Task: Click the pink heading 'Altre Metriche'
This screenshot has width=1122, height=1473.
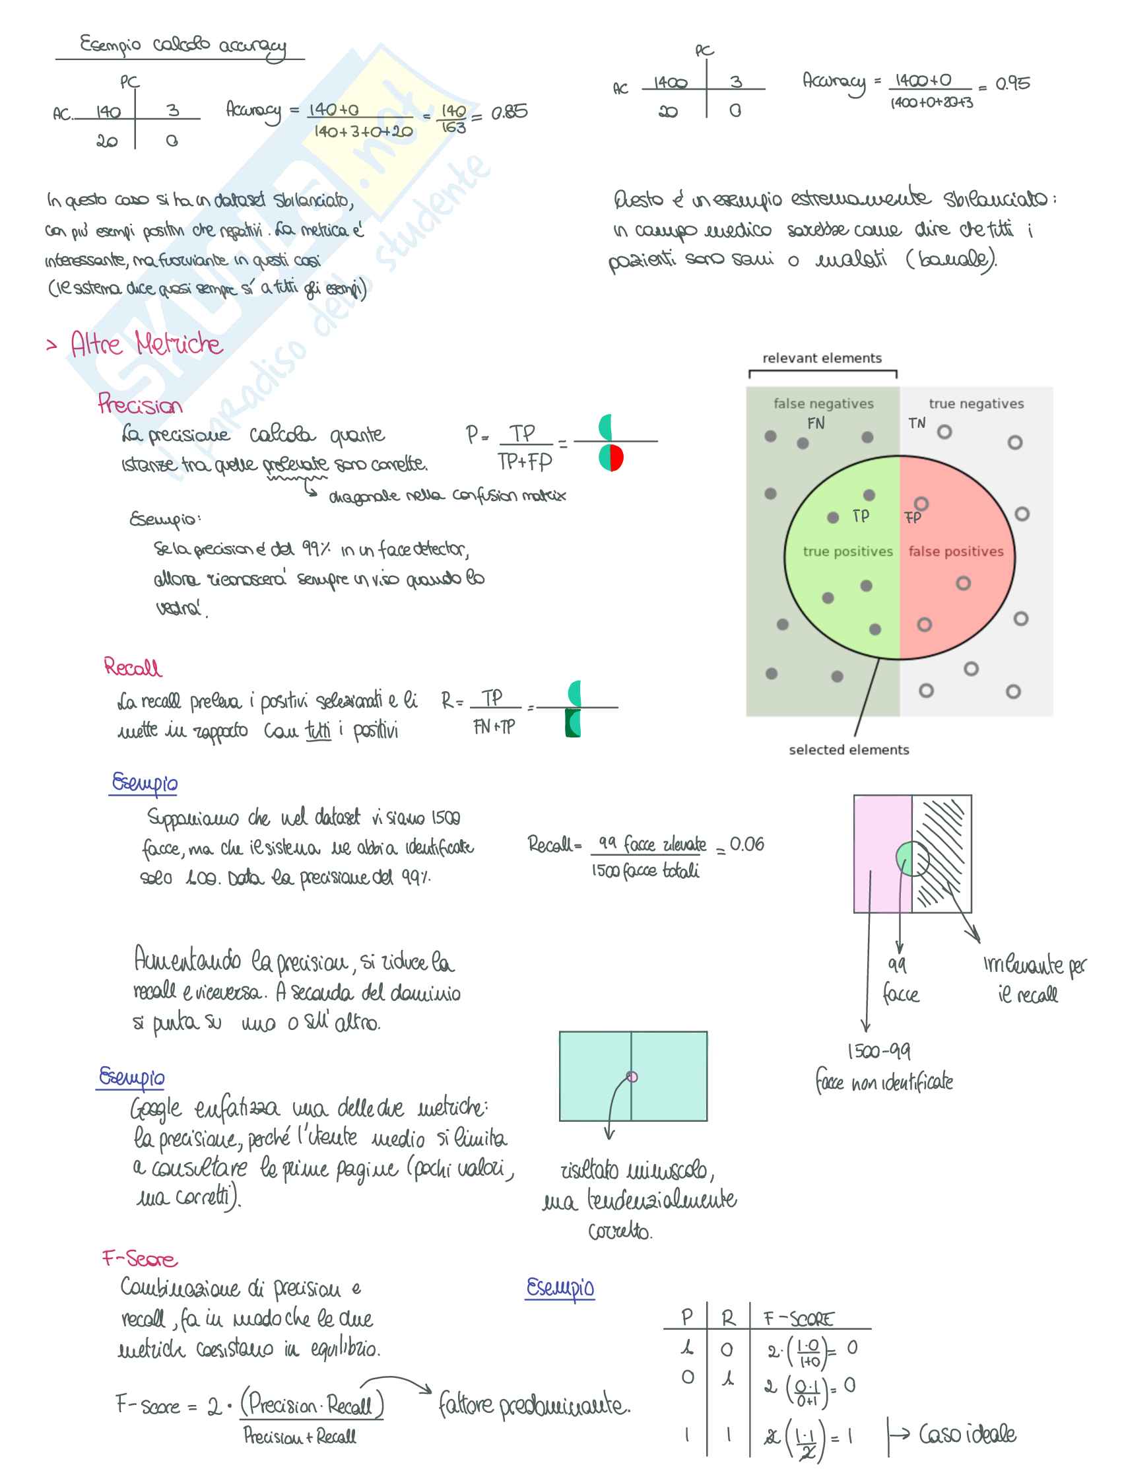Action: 147,344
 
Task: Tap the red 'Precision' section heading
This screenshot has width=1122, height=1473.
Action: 139,404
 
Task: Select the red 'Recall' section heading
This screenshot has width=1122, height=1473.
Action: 132,667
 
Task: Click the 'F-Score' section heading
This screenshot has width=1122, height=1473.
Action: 139,1258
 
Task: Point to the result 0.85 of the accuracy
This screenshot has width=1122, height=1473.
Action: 509,112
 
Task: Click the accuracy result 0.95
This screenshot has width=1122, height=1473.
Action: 1012,83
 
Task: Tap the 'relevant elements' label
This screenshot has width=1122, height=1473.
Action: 822,358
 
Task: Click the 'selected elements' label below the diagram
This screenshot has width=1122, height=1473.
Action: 848,749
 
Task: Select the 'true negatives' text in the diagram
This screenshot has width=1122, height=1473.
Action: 975,403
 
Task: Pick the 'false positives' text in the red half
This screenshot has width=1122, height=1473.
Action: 956,551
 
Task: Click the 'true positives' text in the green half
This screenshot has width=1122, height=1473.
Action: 847,551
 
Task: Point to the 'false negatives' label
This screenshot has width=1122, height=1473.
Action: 823,403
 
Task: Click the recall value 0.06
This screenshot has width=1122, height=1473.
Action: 746,844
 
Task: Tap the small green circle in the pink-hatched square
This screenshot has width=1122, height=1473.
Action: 907,858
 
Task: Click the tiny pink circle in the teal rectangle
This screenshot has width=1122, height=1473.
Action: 632,1076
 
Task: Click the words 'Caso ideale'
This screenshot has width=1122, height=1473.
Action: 967,1433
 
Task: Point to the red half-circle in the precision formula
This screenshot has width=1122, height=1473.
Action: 617,458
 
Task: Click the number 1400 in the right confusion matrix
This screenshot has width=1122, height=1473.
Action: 670,83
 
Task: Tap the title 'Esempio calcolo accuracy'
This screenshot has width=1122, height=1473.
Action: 182,46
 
